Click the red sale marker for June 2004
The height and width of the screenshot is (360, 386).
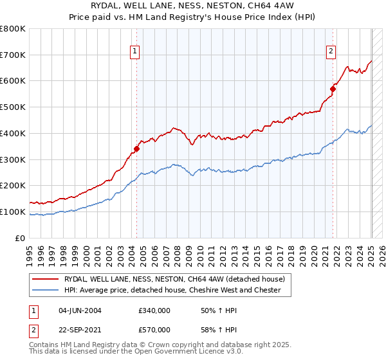(x=136, y=148)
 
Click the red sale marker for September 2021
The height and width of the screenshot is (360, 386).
(x=333, y=89)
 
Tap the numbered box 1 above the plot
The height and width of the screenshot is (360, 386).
(x=136, y=52)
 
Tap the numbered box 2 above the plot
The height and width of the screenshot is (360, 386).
(x=331, y=52)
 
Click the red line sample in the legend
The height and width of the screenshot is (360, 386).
(x=46, y=279)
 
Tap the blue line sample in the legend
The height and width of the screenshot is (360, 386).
(x=46, y=290)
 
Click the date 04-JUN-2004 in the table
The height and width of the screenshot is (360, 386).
(x=80, y=310)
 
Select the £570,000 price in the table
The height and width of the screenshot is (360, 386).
(x=154, y=330)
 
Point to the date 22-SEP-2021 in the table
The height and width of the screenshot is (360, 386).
(x=80, y=330)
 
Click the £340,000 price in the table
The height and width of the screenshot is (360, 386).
(x=154, y=310)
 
